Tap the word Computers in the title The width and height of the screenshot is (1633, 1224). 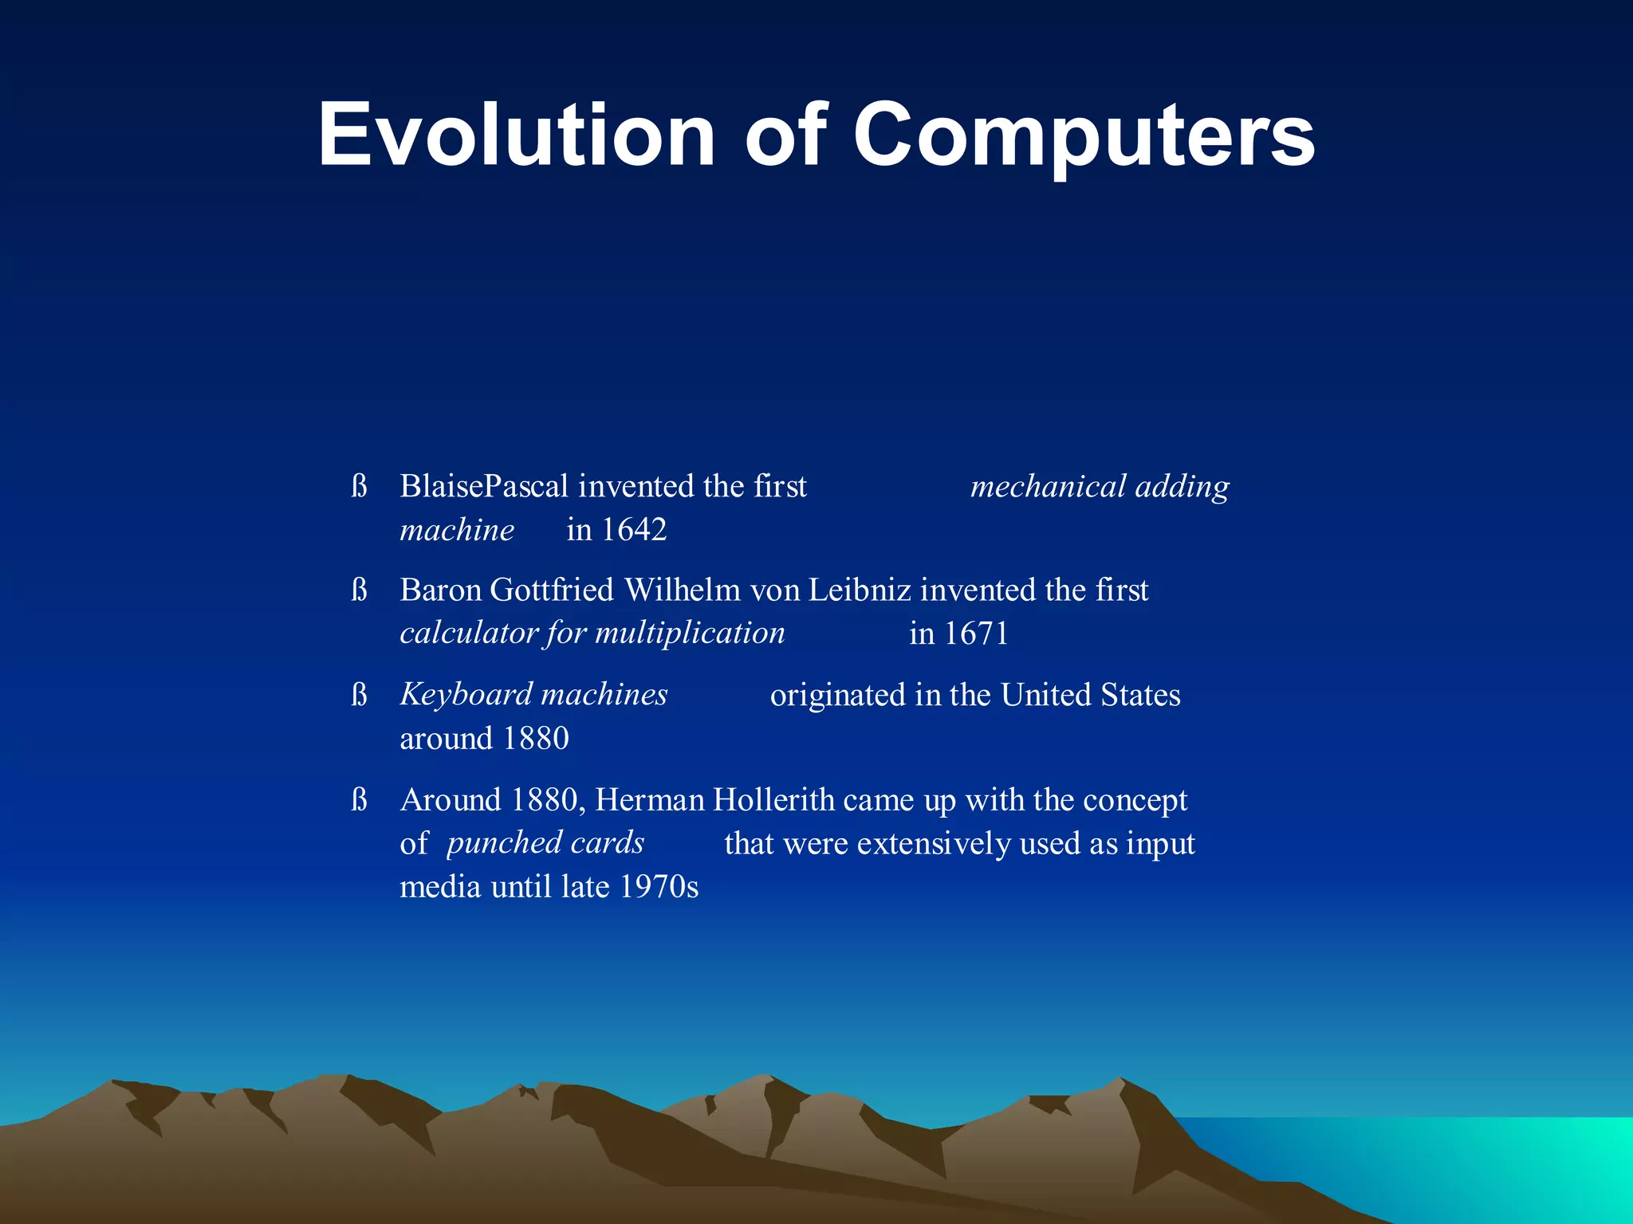pos(1084,135)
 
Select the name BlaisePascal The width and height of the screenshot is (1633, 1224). pos(484,486)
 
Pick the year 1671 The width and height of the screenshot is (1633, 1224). pos(976,634)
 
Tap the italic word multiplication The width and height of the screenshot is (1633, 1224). pos(690,633)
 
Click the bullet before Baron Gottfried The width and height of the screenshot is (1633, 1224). pos(359,590)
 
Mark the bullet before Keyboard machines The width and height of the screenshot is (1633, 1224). pos(359,695)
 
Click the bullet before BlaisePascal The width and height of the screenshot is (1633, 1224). pos(359,486)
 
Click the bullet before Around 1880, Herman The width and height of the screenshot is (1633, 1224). pos(359,799)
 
